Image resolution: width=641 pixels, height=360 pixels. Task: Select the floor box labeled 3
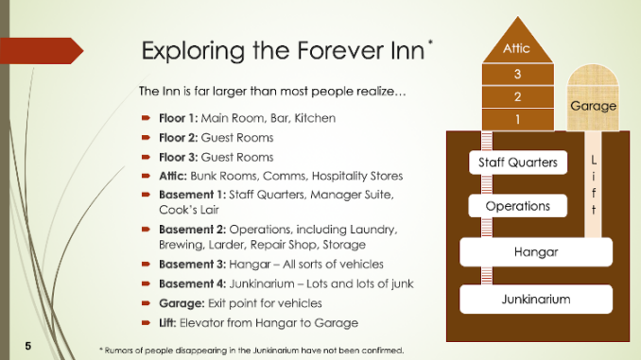[517, 74]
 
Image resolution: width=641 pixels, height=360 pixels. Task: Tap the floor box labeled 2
[517, 96]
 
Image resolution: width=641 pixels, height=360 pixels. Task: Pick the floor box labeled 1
[517, 119]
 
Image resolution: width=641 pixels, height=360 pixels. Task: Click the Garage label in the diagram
[593, 106]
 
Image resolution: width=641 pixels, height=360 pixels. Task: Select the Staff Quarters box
[518, 163]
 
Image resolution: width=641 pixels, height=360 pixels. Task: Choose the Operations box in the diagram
[518, 205]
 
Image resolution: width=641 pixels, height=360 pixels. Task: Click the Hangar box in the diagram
[536, 252]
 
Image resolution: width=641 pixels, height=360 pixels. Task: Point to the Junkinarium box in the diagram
[536, 299]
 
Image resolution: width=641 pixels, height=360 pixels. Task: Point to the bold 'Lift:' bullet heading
[162, 322]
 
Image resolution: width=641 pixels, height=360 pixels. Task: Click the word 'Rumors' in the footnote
[123, 351]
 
